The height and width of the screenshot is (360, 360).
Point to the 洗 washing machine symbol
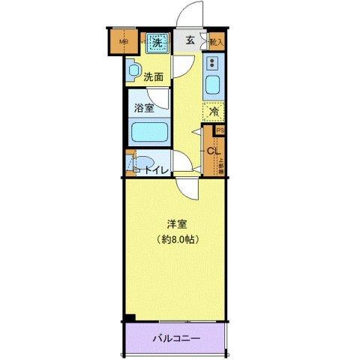point(157,43)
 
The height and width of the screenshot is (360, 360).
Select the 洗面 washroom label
point(154,76)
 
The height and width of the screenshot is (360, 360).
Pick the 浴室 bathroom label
point(145,107)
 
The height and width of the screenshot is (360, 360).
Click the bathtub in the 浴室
point(149,133)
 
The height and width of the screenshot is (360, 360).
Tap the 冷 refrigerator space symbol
point(213,112)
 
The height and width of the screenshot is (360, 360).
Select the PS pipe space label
point(219,129)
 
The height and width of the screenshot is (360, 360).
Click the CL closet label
point(211,150)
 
